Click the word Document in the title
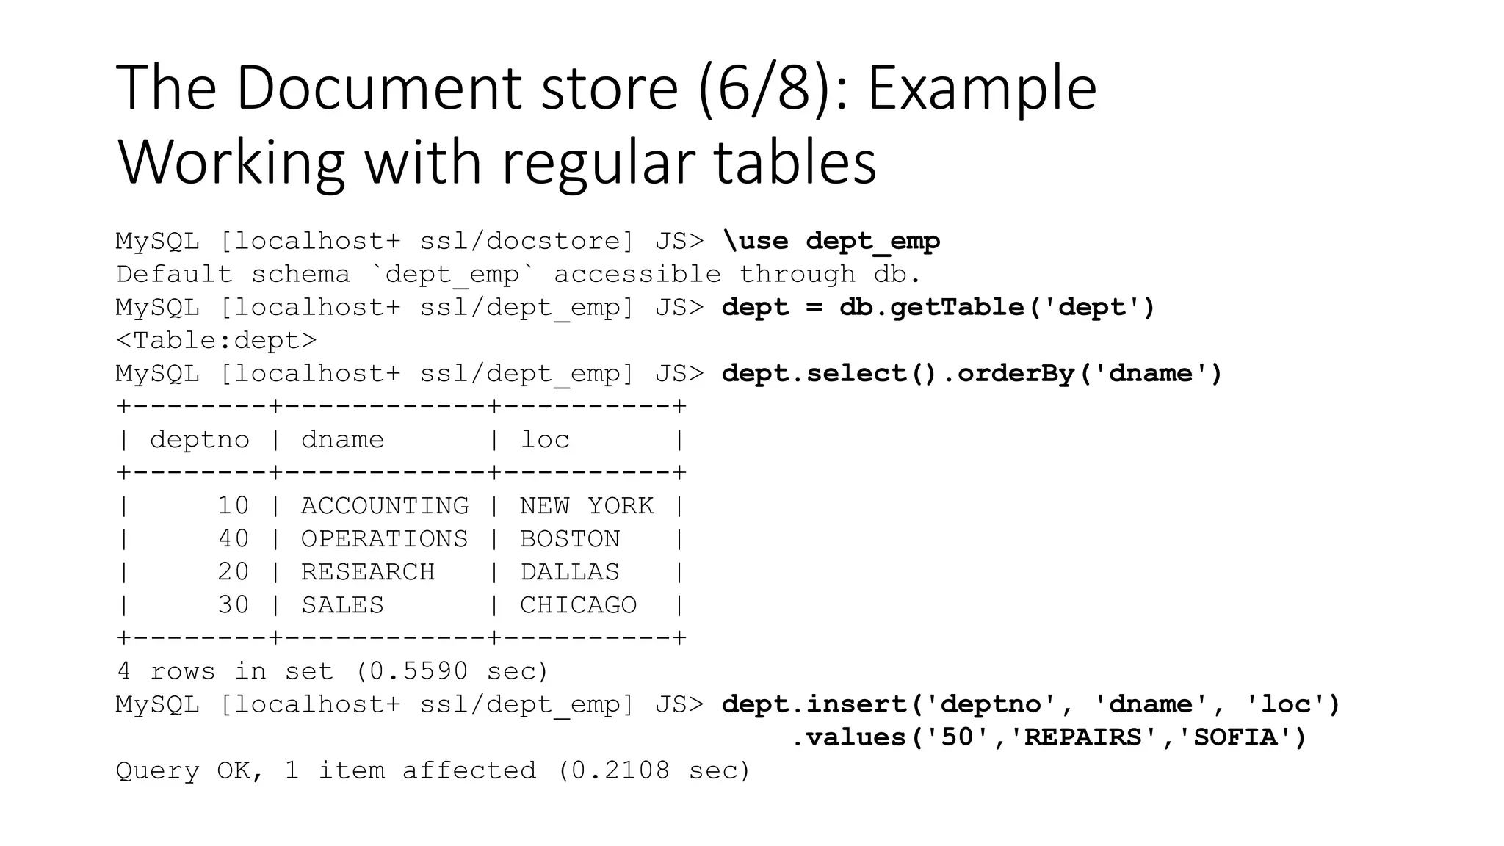pos(457,88)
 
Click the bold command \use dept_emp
pos(831,241)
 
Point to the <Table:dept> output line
pos(217,340)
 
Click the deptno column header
pos(200,439)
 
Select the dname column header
pos(342,439)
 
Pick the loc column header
pos(545,439)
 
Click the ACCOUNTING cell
pos(385,505)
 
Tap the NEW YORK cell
pos(587,505)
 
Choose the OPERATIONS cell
pos(385,538)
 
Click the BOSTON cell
pos(570,538)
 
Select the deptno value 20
pos(234,571)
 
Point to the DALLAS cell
pos(570,571)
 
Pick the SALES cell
pos(342,604)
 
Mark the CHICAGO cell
pos(579,604)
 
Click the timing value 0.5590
pos(418,670)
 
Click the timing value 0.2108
pos(621,770)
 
